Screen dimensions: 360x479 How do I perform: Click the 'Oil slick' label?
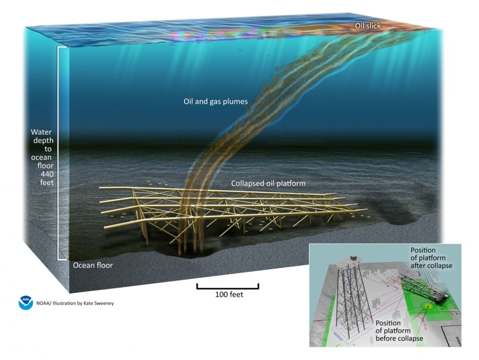point(367,26)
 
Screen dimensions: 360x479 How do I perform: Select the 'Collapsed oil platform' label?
point(268,183)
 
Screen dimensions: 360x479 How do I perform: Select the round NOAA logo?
point(25,303)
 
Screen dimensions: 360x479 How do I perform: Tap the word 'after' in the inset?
point(418,266)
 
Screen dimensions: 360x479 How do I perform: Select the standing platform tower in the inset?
point(350,297)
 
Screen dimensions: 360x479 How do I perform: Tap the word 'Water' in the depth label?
point(41,132)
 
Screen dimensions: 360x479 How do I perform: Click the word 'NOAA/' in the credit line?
point(46,303)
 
